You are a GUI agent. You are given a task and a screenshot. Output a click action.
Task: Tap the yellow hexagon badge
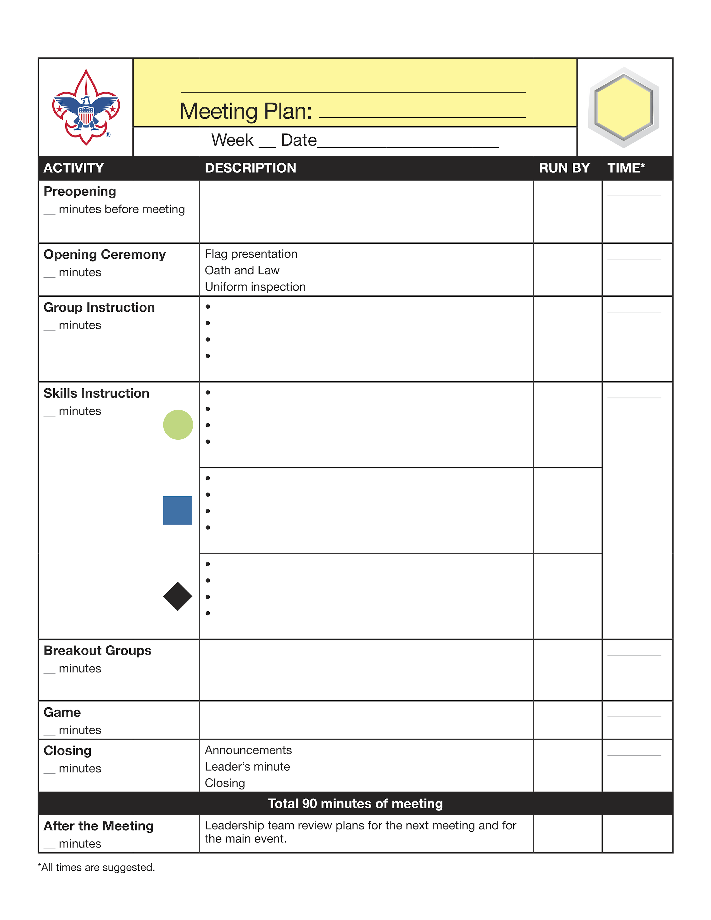624,107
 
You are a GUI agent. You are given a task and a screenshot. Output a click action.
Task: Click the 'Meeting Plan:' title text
246,111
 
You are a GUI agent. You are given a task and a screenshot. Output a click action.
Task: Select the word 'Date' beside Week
299,140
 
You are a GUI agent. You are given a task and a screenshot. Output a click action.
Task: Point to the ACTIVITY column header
74,168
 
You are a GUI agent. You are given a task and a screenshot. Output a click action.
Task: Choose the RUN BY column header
564,168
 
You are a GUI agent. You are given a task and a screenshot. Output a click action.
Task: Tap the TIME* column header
626,168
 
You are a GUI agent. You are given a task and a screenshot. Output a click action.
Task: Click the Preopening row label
80,192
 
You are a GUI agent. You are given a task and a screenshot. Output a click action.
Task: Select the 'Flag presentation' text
251,254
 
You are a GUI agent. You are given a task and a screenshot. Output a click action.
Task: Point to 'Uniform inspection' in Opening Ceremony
255,287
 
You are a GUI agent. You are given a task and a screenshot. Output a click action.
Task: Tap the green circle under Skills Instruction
178,425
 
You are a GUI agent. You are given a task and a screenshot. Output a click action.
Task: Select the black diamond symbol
178,597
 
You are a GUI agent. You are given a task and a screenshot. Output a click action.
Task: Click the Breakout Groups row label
97,651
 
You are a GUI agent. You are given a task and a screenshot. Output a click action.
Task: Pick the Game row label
62,712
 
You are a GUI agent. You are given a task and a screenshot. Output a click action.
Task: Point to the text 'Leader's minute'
247,767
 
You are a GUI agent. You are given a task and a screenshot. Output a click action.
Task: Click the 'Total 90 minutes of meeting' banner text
355,804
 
